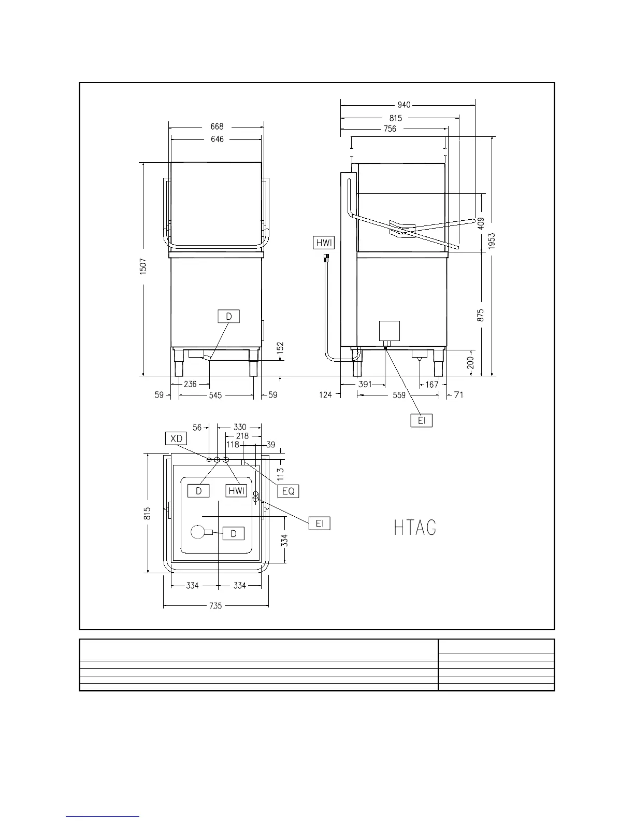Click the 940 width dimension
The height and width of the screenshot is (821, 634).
click(404, 105)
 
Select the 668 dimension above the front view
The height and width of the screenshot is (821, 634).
click(217, 126)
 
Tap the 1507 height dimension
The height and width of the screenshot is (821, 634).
click(143, 266)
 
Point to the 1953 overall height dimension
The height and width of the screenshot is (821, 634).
click(491, 241)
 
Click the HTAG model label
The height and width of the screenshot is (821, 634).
click(415, 528)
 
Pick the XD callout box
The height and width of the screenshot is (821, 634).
click(176, 438)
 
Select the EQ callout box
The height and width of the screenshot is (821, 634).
click(288, 491)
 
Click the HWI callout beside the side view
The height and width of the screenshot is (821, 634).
click(324, 243)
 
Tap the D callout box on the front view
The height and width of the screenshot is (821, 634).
click(229, 316)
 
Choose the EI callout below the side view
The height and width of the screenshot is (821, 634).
click(422, 420)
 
